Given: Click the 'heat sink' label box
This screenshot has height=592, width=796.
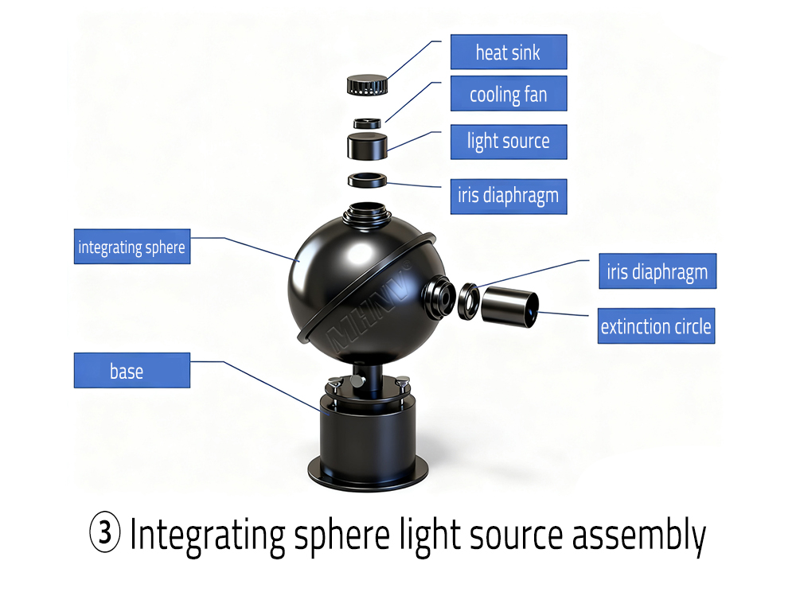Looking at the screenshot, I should (508, 53).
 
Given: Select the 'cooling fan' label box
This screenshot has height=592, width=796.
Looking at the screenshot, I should (508, 95).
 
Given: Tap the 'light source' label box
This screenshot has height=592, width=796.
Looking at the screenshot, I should (508, 142).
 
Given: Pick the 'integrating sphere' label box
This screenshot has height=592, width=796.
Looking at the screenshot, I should (131, 247).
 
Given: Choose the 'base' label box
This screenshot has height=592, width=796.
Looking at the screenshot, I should (131, 371).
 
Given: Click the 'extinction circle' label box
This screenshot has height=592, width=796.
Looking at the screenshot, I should (656, 326).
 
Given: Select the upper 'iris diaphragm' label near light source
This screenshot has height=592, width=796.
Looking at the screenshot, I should (508, 196).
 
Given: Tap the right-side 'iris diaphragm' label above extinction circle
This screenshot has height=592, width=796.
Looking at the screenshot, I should (657, 272).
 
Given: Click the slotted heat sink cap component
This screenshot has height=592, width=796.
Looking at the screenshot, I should (366, 84).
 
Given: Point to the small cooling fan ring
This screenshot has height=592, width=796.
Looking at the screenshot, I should (367, 123).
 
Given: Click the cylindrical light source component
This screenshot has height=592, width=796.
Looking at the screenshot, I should (367, 146).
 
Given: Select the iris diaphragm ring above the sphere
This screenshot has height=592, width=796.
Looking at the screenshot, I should (367, 180).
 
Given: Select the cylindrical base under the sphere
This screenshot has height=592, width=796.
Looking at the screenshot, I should (366, 438).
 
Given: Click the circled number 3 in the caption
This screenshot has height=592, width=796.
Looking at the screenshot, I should (104, 535).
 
